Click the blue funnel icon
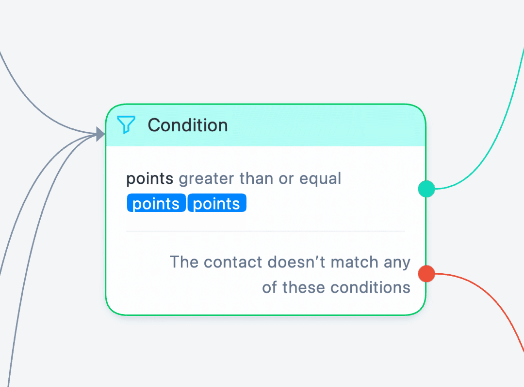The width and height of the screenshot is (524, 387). (126, 124)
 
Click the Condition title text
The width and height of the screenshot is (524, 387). (188, 125)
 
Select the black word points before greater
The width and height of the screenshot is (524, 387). (150, 179)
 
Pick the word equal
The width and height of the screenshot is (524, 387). (320, 178)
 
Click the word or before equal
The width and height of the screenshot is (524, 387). (286, 179)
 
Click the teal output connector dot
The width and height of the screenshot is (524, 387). (426, 189)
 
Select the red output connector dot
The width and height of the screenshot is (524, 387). (426, 274)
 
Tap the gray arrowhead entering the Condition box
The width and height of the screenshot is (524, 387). (100, 134)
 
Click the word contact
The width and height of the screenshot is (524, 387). (233, 262)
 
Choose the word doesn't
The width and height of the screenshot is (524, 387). (296, 262)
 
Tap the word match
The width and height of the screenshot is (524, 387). (354, 262)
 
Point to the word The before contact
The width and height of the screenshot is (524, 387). (184, 262)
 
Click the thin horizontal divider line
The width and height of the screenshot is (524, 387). (266, 231)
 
